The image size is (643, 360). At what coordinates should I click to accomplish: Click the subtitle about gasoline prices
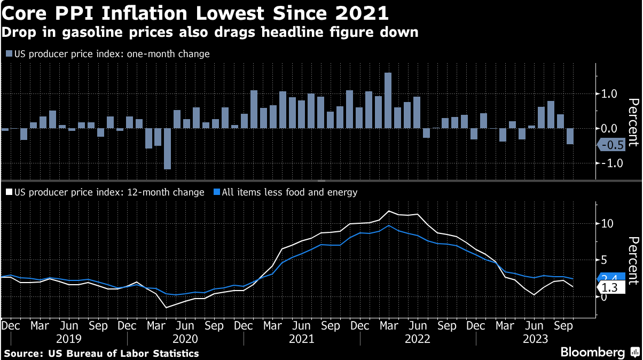[210, 32]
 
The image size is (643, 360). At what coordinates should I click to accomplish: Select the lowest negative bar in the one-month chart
[167, 148]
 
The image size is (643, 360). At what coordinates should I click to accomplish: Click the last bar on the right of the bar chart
[570, 136]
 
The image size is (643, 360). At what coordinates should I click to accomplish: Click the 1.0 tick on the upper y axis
[609, 94]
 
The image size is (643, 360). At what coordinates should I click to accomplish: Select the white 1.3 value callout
[609, 288]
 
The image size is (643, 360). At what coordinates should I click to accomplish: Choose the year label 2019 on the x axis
[68, 339]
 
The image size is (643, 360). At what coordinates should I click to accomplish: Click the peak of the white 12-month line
[389, 212]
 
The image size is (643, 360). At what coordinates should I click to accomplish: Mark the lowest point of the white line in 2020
[166, 307]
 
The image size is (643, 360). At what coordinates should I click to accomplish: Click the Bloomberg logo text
[592, 353]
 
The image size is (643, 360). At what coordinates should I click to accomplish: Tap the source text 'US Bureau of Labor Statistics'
[124, 353]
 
